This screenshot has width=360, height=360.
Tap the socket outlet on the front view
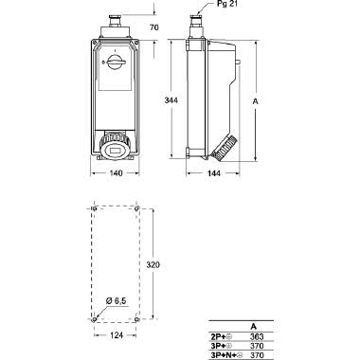117,148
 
